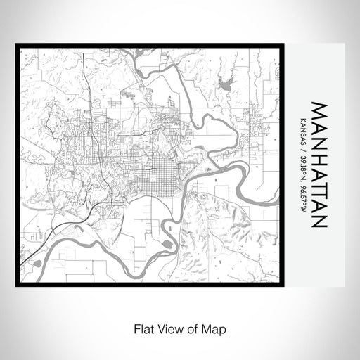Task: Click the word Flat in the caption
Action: point(140,328)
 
